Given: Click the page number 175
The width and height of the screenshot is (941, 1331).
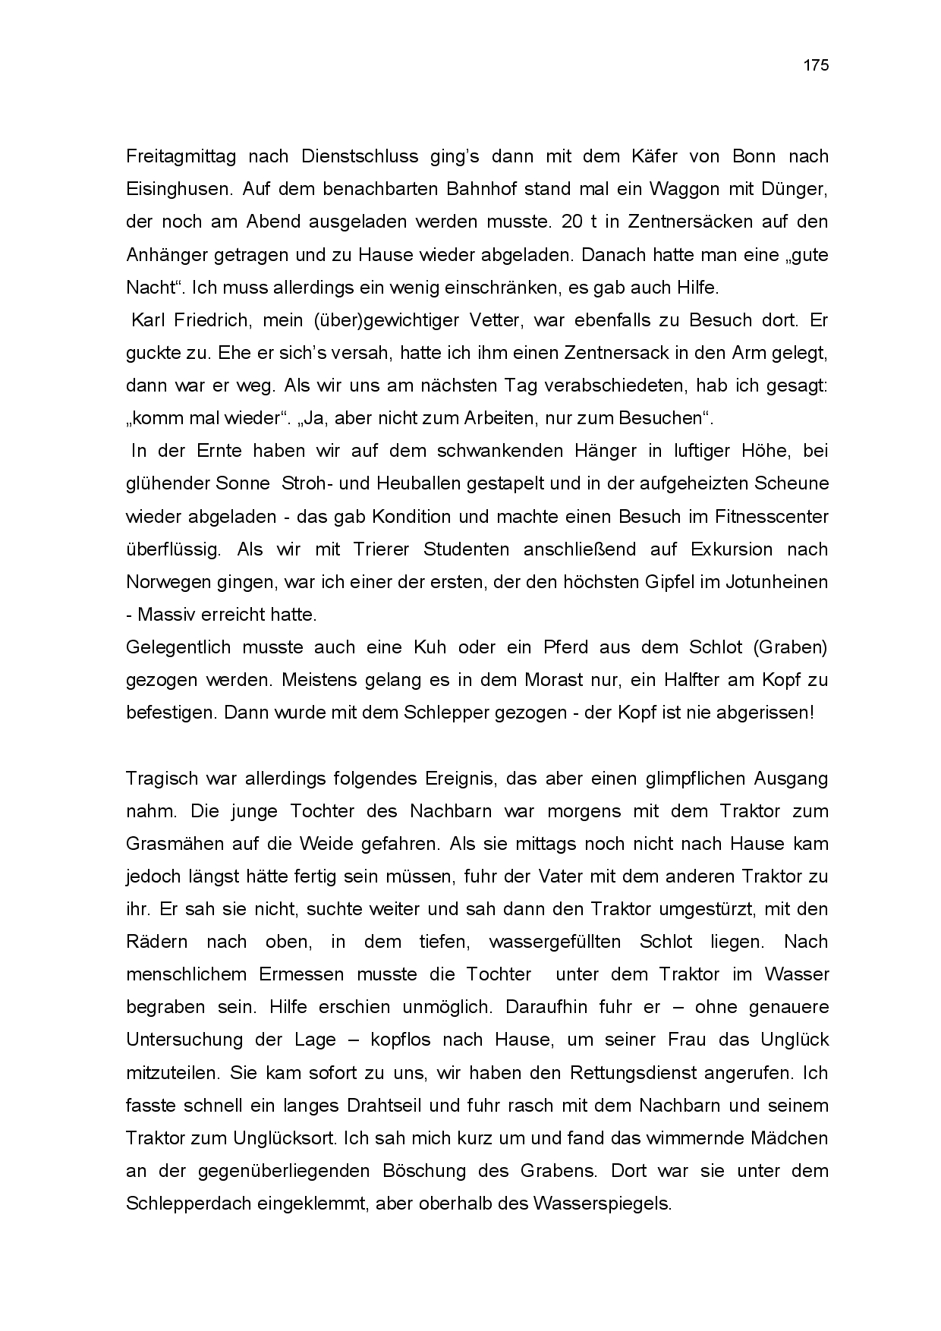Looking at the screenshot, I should click(x=816, y=65).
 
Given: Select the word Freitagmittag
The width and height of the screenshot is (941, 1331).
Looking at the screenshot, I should click(x=181, y=157).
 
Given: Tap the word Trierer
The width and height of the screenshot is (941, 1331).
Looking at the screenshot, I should click(x=382, y=549).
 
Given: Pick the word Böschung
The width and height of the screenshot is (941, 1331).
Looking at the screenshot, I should click(x=425, y=1171).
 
